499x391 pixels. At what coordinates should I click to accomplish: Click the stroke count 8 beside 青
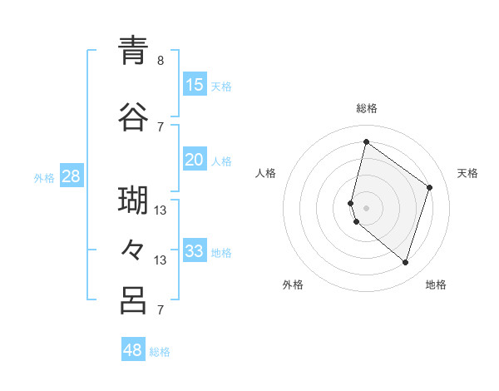(x=161, y=61)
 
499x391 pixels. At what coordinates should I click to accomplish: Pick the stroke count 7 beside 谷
(x=161, y=127)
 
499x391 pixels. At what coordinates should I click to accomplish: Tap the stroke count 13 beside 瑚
(x=161, y=210)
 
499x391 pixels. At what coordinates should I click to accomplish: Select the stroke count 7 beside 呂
(x=161, y=310)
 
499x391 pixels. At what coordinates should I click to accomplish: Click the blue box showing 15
(x=195, y=85)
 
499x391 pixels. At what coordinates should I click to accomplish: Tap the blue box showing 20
(x=195, y=160)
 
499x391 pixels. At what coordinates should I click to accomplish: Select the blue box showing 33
(x=195, y=251)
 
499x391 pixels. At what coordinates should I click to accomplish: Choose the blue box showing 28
(x=72, y=176)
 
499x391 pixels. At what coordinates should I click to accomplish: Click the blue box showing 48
(x=133, y=350)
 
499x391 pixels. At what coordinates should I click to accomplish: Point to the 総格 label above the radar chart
(x=367, y=108)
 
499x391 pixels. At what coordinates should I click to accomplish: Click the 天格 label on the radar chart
(x=467, y=173)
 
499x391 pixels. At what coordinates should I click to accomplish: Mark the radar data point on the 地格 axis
(x=405, y=263)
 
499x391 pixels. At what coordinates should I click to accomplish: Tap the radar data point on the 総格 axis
(x=366, y=141)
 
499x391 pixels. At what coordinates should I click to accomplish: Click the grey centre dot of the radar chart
(x=366, y=206)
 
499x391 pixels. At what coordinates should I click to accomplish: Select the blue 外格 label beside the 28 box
(x=44, y=177)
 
